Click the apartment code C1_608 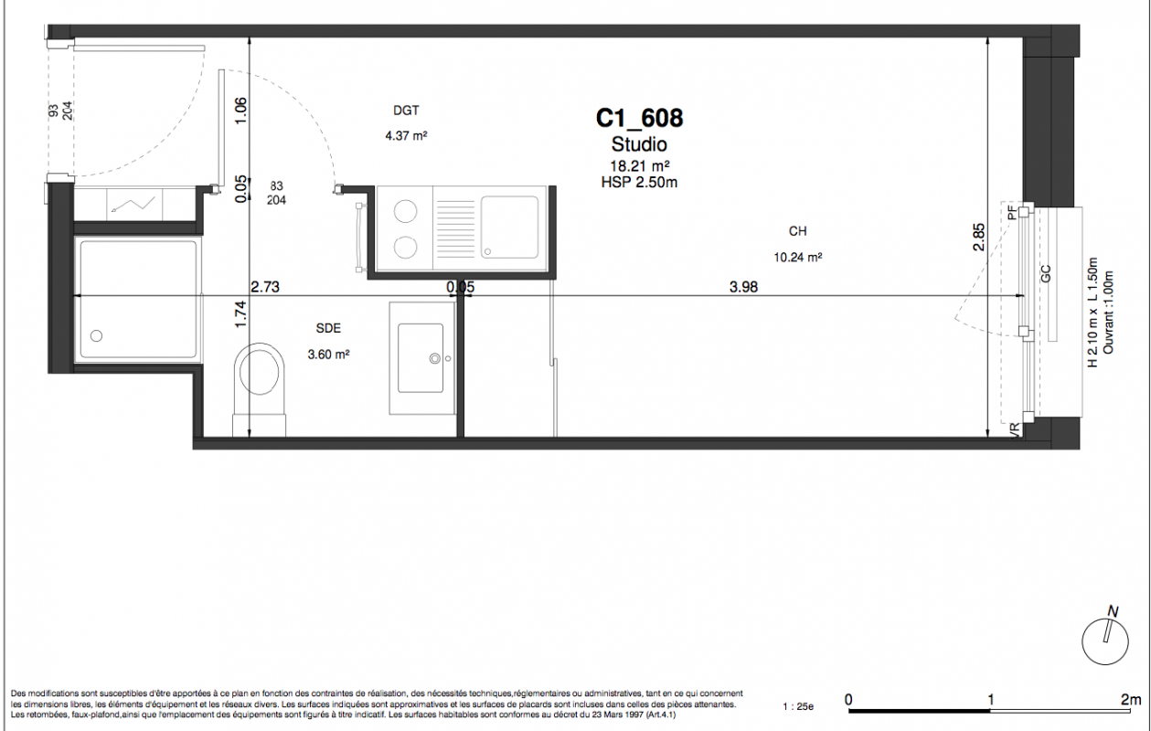[x=639, y=118]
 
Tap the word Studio [x=639, y=144]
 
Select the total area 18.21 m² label [x=640, y=166]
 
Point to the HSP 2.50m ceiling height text [x=639, y=183]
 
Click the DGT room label [x=406, y=111]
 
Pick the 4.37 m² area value [x=407, y=135]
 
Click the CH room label [x=797, y=231]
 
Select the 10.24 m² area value [x=797, y=258]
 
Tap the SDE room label [x=328, y=328]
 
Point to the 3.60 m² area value [x=329, y=355]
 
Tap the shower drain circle [x=96, y=336]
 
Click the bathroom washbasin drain [x=435, y=358]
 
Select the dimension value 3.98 [x=743, y=287]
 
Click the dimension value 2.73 [x=265, y=287]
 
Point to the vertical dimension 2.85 [x=979, y=237]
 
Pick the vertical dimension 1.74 [x=240, y=313]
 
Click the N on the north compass [x=1113, y=611]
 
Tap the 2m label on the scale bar [x=1131, y=699]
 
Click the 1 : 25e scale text [x=798, y=707]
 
